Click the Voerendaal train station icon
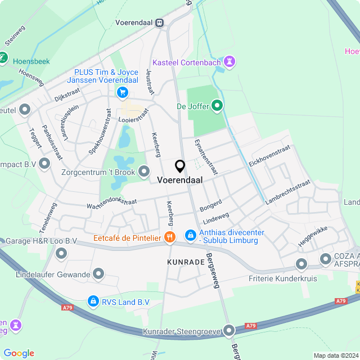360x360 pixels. tap(160, 23)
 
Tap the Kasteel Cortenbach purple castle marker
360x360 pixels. tap(229, 60)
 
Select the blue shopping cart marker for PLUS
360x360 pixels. tap(121, 92)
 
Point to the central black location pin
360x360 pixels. tap(180, 166)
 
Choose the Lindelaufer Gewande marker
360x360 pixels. tap(99, 274)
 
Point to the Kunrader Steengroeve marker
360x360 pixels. tap(229, 331)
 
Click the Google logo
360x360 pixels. tap(19, 353)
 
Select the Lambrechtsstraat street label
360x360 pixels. tap(287, 192)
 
